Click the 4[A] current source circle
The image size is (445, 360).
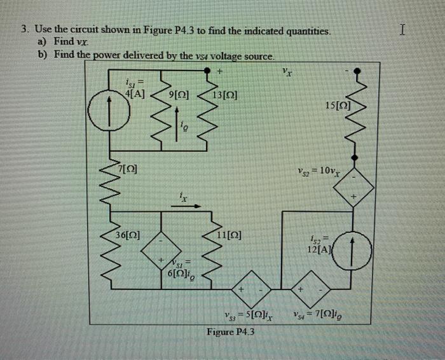tap(102, 118)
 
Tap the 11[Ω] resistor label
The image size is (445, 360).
tap(228, 235)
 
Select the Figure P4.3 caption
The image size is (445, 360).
tap(229, 331)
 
